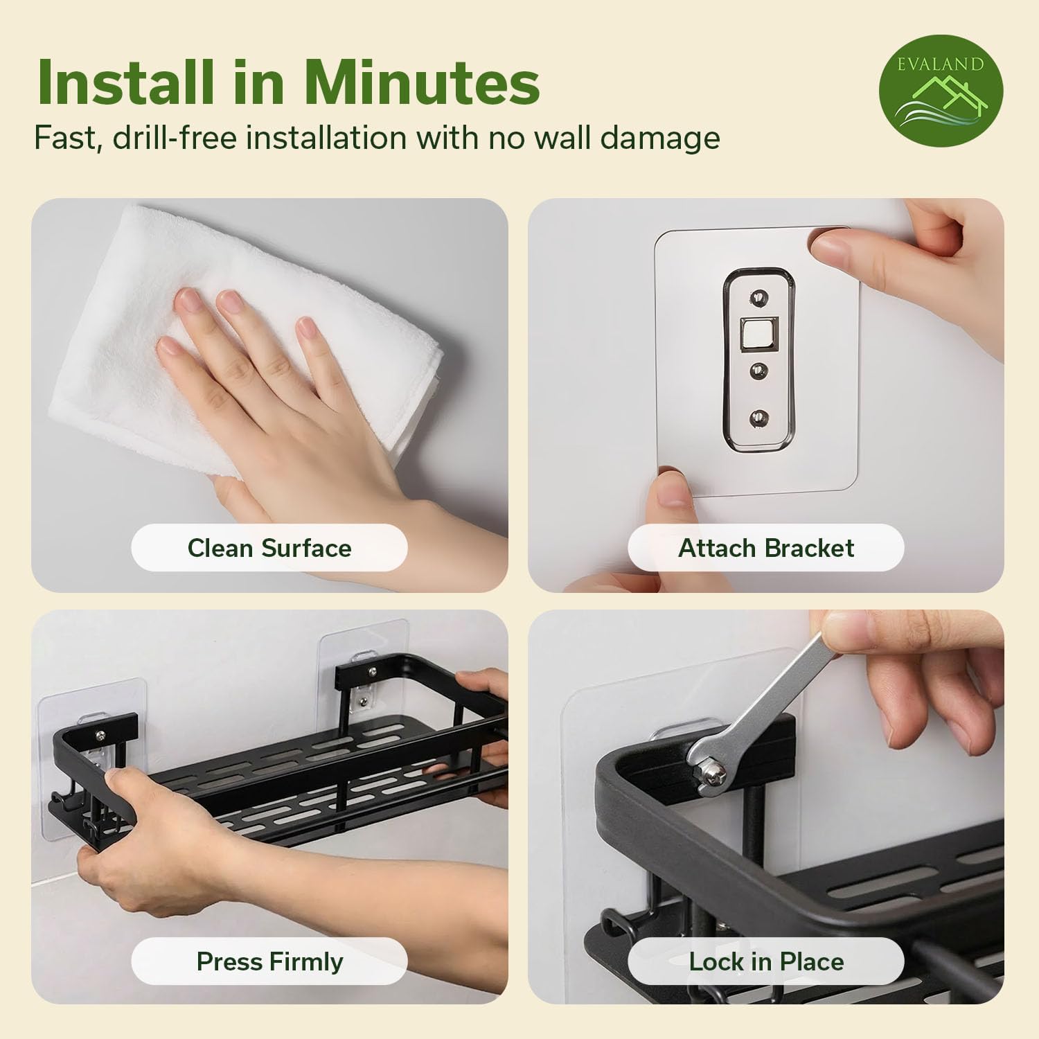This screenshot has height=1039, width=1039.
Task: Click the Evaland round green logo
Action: click(x=941, y=90)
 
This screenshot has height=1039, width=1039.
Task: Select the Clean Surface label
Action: click(x=269, y=548)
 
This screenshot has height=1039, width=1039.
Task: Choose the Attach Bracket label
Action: click(x=766, y=548)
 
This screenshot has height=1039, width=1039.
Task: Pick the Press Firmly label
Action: click(x=269, y=961)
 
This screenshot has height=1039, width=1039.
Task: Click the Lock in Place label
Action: click(x=766, y=961)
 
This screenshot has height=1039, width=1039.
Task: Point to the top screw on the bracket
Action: click(x=759, y=299)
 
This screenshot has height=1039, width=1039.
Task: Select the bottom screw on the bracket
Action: click(x=759, y=418)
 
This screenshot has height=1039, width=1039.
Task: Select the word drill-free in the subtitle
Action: click(x=175, y=137)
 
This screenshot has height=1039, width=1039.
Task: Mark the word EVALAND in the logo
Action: click(x=940, y=64)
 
